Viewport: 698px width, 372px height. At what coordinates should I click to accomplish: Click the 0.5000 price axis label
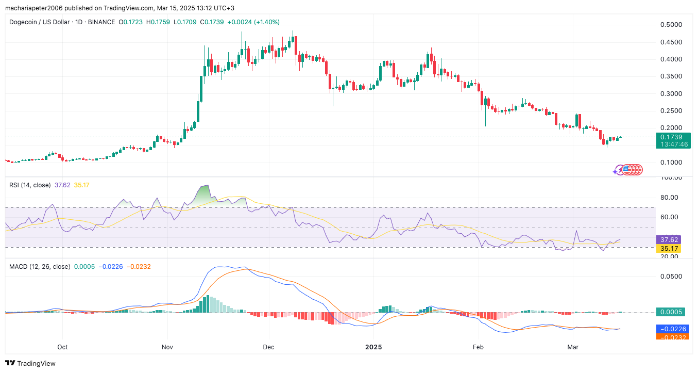(672, 25)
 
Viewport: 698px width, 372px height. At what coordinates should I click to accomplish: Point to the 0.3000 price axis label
(672, 93)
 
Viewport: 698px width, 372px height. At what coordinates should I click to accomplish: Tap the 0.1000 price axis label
(672, 162)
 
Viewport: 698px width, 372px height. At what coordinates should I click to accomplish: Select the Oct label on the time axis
(63, 347)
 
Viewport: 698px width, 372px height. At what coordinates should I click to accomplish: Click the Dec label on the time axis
(268, 347)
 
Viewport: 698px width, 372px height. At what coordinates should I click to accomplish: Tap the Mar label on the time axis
(573, 347)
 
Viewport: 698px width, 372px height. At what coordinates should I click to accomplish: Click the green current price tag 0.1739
(672, 137)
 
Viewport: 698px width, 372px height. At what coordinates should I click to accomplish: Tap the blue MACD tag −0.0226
(672, 329)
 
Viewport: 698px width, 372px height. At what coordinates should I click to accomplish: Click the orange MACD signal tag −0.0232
(672, 337)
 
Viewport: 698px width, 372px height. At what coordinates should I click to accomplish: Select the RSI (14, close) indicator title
(32, 185)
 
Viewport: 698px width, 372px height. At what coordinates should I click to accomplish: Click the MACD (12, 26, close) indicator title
(40, 267)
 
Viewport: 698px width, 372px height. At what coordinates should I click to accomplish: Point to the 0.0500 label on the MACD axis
(671, 276)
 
